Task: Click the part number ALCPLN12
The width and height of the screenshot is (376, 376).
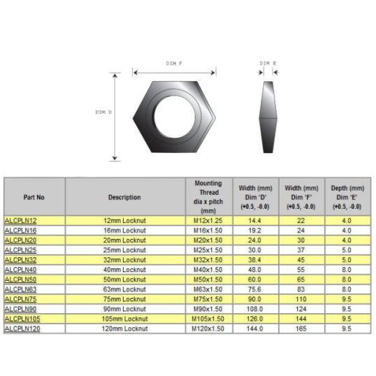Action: [21, 221]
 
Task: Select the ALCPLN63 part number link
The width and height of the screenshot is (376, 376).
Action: [21, 289]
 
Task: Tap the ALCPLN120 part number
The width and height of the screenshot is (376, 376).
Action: [22, 328]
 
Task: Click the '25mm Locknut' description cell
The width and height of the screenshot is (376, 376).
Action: [124, 250]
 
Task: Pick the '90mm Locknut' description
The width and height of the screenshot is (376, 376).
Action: [124, 309]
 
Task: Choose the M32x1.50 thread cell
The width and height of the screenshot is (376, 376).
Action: [208, 260]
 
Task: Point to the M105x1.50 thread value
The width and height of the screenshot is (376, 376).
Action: [208, 319]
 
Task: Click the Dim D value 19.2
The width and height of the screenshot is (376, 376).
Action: [254, 231]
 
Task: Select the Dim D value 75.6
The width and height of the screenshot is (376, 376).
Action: [254, 289]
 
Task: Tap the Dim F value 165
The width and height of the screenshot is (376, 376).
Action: [301, 328]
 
